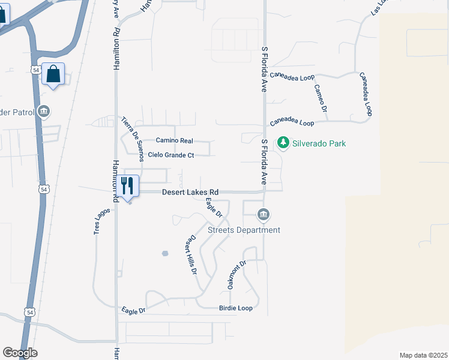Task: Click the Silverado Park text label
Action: click(x=319, y=143)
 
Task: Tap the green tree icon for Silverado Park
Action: click(x=283, y=143)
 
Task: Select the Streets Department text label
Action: click(x=244, y=230)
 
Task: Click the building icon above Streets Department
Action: click(x=263, y=214)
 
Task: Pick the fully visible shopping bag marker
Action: click(x=53, y=74)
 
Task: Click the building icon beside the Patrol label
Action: click(x=43, y=112)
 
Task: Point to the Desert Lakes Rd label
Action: click(x=190, y=192)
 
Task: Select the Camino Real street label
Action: click(x=174, y=140)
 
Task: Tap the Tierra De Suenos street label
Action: click(x=133, y=139)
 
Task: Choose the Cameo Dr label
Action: click(x=320, y=98)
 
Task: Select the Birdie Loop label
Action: click(x=235, y=308)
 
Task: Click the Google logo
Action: click(x=20, y=353)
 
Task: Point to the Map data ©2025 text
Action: click(x=423, y=355)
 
